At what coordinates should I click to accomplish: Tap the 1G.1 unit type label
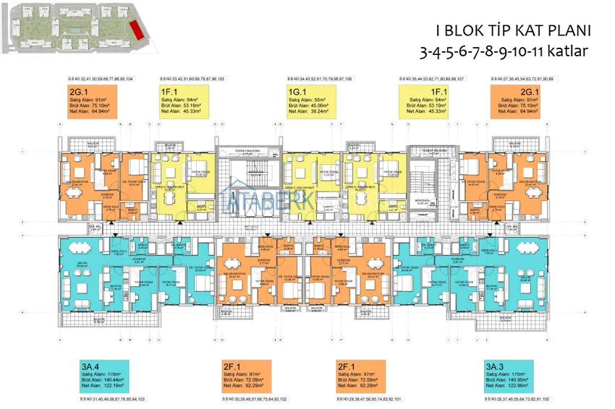click(296, 93)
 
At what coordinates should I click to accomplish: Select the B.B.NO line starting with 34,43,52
click(320, 77)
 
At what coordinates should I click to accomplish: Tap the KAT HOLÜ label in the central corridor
click(251, 225)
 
